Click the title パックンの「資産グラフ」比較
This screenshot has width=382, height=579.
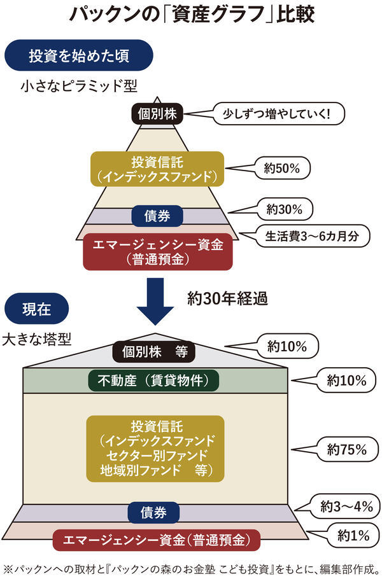tap(191, 14)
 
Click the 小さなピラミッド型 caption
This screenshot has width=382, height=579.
tap(78, 85)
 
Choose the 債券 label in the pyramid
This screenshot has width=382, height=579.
tap(157, 216)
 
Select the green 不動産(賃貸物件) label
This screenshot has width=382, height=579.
tap(153, 381)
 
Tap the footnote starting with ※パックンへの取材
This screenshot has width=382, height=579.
tap(191, 568)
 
